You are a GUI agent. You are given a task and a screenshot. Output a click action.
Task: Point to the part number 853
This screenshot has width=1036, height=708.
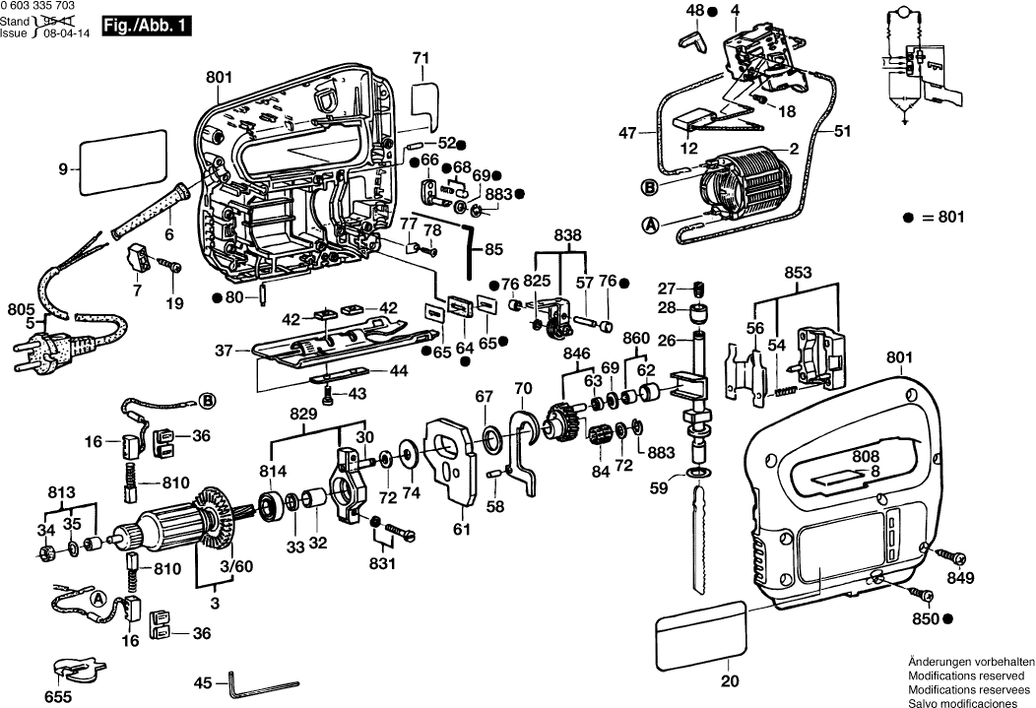pyautogui.click(x=799, y=272)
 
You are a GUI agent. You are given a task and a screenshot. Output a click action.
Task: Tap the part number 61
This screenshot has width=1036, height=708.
pyautogui.click(x=462, y=528)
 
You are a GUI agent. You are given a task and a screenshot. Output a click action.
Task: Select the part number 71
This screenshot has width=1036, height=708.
pyautogui.click(x=421, y=59)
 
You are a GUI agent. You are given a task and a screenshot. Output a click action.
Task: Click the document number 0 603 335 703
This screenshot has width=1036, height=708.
pyautogui.click(x=43, y=6)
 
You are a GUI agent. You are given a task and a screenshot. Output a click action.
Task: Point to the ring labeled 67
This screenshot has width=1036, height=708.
pyautogui.click(x=489, y=436)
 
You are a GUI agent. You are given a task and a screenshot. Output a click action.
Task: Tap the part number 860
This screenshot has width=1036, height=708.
pyautogui.click(x=636, y=338)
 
